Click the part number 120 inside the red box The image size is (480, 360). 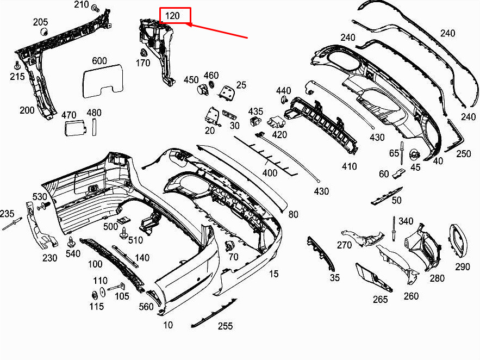click(x=172, y=16)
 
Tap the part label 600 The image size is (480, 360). click(x=99, y=60)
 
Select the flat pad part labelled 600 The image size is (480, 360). click(x=103, y=81)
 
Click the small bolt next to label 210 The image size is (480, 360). click(x=96, y=8)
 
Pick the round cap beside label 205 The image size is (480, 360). click(x=45, y=31)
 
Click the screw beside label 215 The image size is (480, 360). click(x=17, y=65)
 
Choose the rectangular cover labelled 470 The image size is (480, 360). click(x=75, y=128)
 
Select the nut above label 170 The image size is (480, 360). click(x=143, y=52)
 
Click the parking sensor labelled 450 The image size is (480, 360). click(x=202, y=90)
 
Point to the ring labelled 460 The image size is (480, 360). click(x=211, y=84)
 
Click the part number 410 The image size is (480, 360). click(x=350, y=166)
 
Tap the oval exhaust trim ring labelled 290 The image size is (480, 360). click(x=458, y=240)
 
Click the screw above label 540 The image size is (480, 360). click(x=71, y=242)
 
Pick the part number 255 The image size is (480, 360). click(x=225, y=326)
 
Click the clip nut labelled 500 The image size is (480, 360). click(x=123, y=220)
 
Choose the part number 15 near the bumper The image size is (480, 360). click(x=273, y=274)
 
